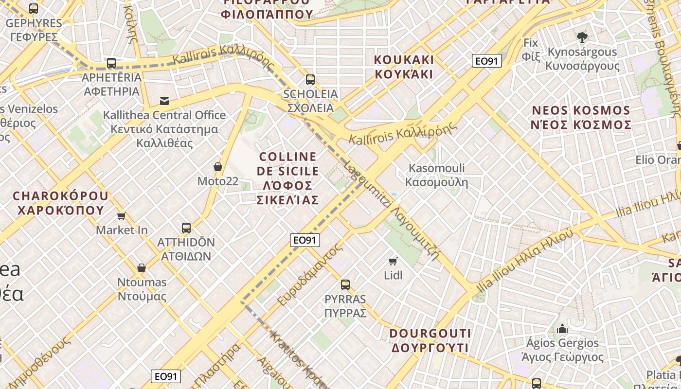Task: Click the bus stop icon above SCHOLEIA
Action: click(x=310, y=80)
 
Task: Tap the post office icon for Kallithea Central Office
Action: click(x=164, y=101)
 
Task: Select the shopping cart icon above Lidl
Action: click(x=393, y=262)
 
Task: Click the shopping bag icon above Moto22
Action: click(x=218, y=167)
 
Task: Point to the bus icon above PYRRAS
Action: click(x=345, y=285)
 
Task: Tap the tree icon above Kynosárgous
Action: click(x=581, y=37)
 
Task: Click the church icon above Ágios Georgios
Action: click(x=562, y=329)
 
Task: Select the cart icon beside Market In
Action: click(x=121, y=216)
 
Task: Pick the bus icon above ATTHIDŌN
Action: click(x=186, y=228)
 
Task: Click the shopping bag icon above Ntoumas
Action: click(x=142, y=268)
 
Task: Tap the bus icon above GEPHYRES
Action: click(x=33, y=8)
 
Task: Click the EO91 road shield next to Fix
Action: click(x=486, y=61)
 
